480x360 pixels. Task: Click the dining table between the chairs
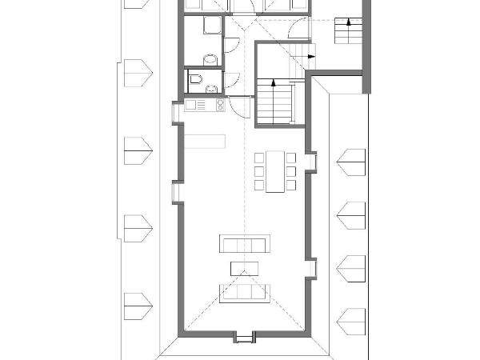click(274, 171)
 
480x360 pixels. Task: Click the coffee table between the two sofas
click(246, 268)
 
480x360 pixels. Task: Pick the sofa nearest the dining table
click(246, 242)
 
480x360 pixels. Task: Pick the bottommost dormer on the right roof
click(350, 322)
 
